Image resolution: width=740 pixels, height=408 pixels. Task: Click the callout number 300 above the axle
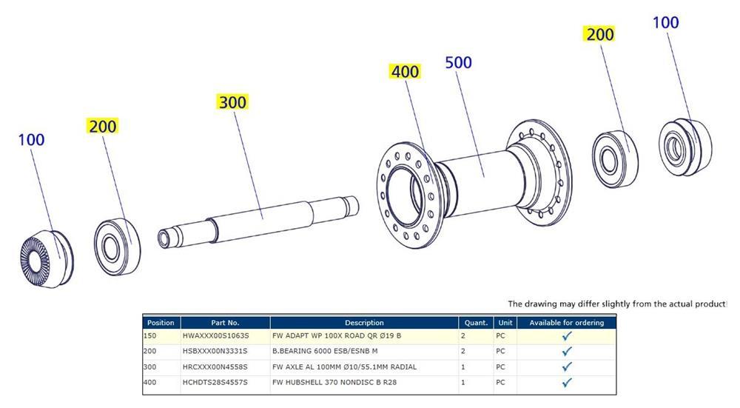click(x=232, y=102)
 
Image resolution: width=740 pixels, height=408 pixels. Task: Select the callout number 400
click(x=405, y=71)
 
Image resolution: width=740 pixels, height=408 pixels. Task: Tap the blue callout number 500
click(x=458, y=62)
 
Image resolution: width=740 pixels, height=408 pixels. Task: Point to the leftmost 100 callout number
click(x=31, y=140)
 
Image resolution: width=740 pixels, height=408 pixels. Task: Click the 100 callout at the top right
click(x=665, y=22)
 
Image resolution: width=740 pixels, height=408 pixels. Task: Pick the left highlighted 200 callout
click(x=103, y=126)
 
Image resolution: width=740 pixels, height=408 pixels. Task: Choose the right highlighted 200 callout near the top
click(x=600, y=34)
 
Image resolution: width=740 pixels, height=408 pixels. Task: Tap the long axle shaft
click(x=258, y=221)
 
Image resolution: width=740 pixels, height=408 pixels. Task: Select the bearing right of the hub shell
click(x=615, y=160)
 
